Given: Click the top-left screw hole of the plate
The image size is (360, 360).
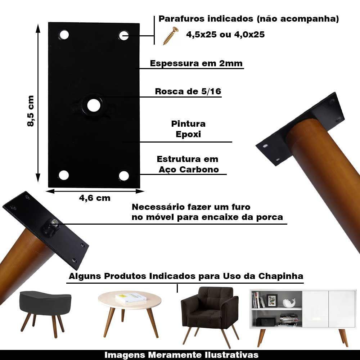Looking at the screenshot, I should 64,35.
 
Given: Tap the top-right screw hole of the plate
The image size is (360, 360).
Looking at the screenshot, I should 124,35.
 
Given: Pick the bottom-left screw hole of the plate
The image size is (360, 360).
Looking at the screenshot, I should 64,175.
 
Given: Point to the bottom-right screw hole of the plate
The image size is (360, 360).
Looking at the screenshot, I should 124,176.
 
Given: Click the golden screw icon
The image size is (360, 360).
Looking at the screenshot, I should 171,36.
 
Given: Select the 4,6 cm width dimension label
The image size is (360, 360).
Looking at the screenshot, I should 95,198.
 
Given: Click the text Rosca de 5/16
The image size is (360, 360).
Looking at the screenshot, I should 188,91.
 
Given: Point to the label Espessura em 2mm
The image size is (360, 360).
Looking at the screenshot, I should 196,64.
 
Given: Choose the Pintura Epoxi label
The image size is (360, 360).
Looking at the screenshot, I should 188,129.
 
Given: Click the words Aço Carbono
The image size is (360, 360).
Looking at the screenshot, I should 189,170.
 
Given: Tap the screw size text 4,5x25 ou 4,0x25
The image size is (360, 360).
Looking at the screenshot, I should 225,35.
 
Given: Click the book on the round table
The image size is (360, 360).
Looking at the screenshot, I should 131,298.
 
